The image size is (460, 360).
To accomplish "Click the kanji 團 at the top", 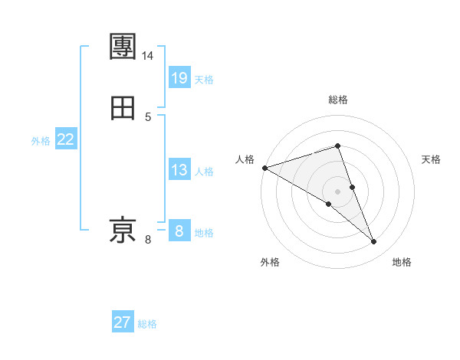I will pos(123,47).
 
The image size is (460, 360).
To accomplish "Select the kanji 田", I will pos(123,109).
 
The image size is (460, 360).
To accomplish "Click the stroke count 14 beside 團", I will pos(148,56).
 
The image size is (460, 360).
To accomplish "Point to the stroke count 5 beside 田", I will pos(148,116).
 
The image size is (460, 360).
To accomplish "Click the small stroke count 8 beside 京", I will pos(148,240).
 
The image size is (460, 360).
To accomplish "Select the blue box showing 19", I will pos(179,77).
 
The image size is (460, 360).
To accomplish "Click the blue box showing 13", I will pos(179,170).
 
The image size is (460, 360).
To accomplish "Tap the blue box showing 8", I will pos(179,231).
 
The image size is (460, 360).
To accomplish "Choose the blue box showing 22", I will pos(66,139).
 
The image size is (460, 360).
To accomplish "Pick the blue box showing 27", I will pos(123,322).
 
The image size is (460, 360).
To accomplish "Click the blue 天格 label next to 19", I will pos(204,79).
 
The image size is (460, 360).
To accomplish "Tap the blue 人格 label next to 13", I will pos(204,172).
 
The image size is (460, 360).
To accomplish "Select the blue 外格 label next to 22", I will pos(41,141).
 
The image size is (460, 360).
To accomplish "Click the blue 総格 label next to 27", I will pos(147,324).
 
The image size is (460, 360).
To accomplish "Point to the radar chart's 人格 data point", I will pos(264,168).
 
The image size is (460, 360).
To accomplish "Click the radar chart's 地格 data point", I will pos(374,242).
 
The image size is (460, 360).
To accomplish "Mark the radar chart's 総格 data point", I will pos(338,146).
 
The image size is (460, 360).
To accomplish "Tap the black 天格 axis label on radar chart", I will pos(432,159).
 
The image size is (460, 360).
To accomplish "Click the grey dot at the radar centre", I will pos(338,191).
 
